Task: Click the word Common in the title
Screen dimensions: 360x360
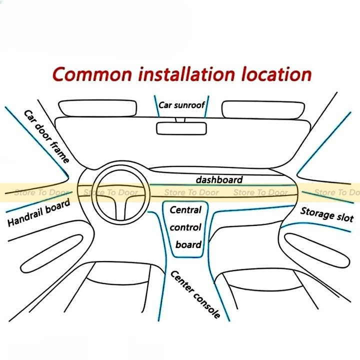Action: coord(93,74)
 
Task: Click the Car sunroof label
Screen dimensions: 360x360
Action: coord(181,105)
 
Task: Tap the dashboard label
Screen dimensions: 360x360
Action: coord(219,179)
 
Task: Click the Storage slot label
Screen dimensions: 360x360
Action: coord(326,214)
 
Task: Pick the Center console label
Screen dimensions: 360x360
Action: coord(195,294)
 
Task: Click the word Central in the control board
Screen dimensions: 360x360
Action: coord(185,210)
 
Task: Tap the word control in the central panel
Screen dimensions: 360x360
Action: coord(185,227)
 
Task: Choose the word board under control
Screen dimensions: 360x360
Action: coord(188,244)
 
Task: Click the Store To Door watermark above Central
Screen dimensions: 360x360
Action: coord(192,192)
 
